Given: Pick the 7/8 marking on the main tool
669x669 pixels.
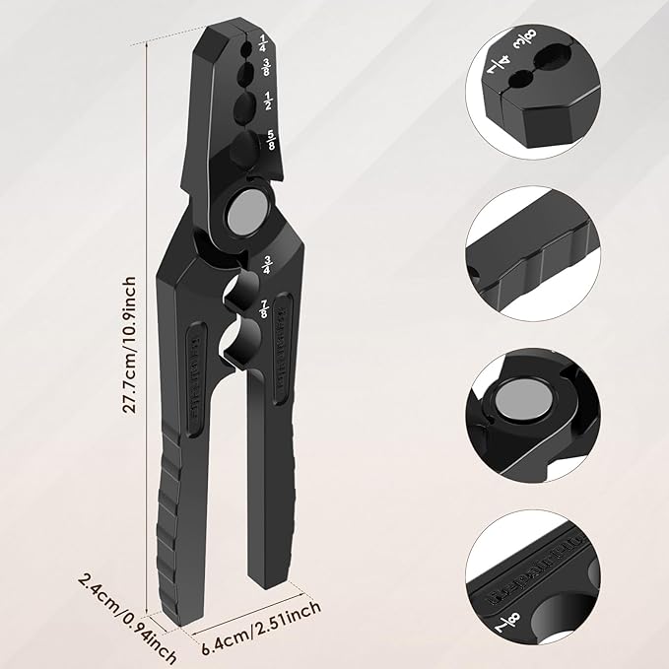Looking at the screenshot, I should click(263, 307).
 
